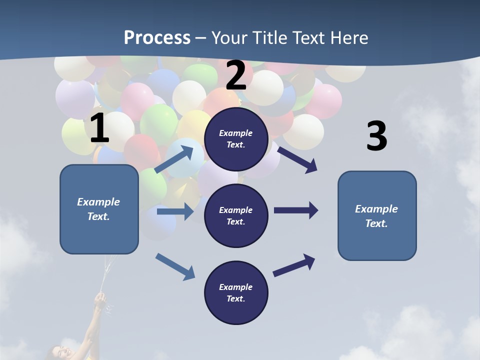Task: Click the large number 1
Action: tap(99, 129)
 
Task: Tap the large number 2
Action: tap(236, 76)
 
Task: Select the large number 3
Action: tap(376, 136)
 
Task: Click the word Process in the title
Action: tap(157, 37)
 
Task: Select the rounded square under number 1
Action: tap(99, 209)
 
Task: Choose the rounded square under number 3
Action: tap(377, 215)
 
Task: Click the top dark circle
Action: tap(236, 138)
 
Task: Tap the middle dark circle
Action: tap(236, 215)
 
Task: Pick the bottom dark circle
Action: tap(236, 292)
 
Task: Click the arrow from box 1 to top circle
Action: tap(174, 159)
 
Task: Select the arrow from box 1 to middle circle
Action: tap(175, 211)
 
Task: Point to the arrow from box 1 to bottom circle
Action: tap(175, 266)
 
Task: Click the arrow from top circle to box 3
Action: tap(297, 159)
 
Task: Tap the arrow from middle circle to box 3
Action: tap(296, 210)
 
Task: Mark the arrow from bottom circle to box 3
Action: tap(294, 265)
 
